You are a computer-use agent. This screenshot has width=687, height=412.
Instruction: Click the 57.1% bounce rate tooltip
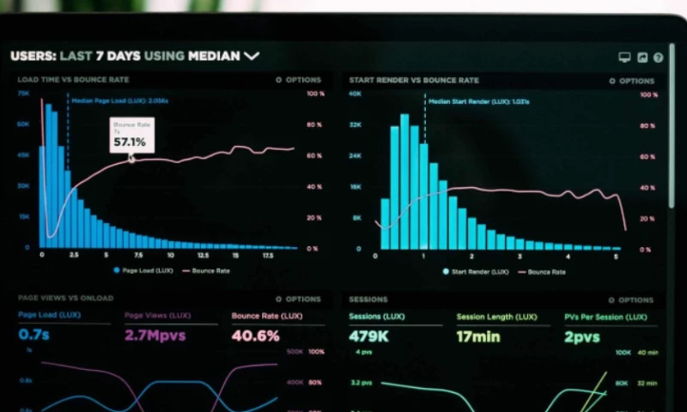[131, 136]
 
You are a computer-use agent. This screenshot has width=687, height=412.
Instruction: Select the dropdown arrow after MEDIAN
[252, 56]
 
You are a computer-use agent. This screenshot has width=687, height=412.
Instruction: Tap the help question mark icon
[659, 58]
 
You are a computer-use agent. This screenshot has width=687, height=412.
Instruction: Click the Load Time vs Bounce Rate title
[73, 80]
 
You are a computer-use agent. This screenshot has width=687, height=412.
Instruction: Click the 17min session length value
[478, 336]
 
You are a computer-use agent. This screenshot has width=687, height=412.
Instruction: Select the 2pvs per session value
[582, 336]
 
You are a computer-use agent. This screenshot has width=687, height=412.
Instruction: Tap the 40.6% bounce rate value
[255, 336]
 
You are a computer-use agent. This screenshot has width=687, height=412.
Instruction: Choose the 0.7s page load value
[34, 334]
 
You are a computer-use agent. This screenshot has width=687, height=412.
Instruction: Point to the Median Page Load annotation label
[120, 100]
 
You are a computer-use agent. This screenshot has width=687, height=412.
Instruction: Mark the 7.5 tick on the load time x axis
[137, 256]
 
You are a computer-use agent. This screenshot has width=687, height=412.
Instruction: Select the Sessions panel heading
[368, 300]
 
